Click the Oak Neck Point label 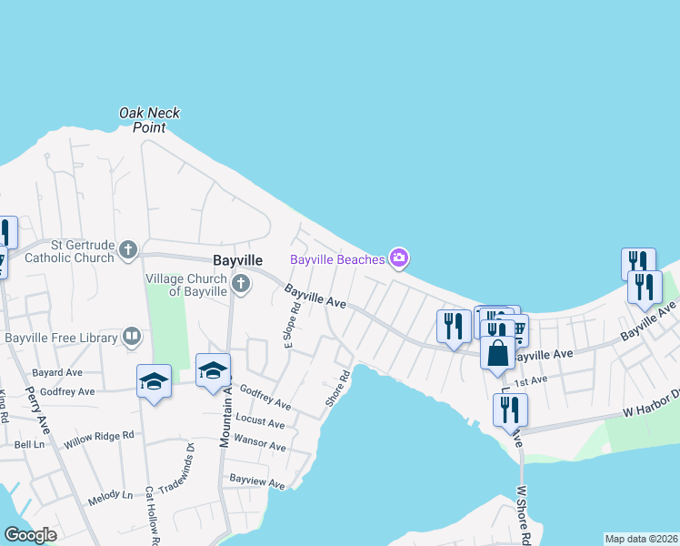(x=150, y=120)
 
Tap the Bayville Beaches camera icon (x=398, y=259)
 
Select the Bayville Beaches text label (x=337, y=259)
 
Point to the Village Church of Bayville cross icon (x=241, y=282)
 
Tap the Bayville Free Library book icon (x=132, y=338)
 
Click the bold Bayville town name (x=237, y=259)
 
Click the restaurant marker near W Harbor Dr (x=509, y=409)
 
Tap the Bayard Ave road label (x=57, y=373)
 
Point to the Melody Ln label (x=110, y=495)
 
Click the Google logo (x=30, y=535)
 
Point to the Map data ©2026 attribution (x=641, y=539)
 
